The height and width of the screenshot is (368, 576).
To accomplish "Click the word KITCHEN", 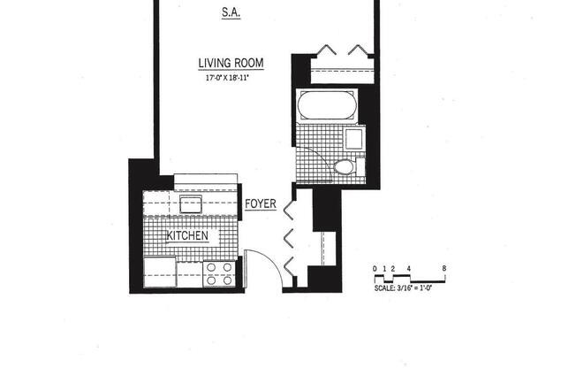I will pos(188,236).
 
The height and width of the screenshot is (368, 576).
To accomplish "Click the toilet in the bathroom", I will pos(343,167).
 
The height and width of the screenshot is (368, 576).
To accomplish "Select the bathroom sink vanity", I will pos(353,139).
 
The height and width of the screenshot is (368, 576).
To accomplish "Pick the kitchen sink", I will pos(192,204).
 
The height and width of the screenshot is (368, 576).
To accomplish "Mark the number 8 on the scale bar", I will pos(443,267).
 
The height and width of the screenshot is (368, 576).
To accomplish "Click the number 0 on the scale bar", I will pos(375,267).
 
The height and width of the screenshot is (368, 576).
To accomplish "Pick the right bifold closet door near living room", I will pos(360,48).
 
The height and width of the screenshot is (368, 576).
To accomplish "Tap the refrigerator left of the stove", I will pos(160,271).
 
